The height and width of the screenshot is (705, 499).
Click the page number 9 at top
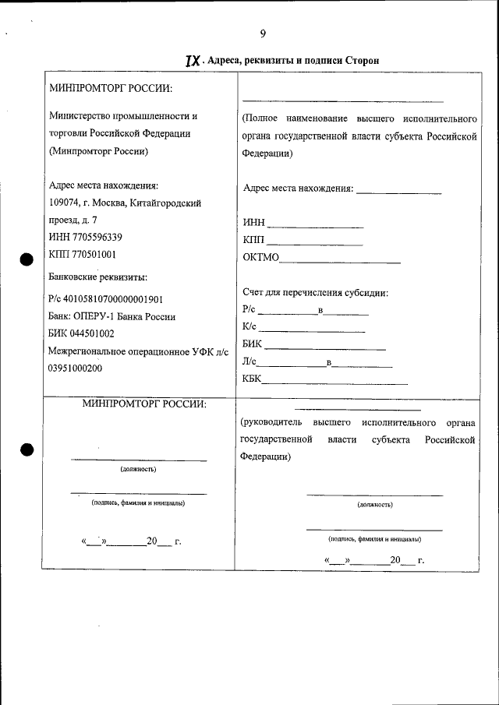[263, 33]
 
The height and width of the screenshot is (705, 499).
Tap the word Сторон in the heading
[340, 61]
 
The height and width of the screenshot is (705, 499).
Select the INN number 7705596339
[94, 237]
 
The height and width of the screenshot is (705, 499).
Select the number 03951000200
[75, 368]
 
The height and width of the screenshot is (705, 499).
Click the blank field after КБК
[334, 382]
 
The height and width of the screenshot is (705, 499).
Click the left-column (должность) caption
[138, 470]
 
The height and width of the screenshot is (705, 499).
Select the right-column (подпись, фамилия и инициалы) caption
[374, 538]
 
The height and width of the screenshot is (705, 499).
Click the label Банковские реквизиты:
[97, 277]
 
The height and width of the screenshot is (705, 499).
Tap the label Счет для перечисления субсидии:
[316, 293]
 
